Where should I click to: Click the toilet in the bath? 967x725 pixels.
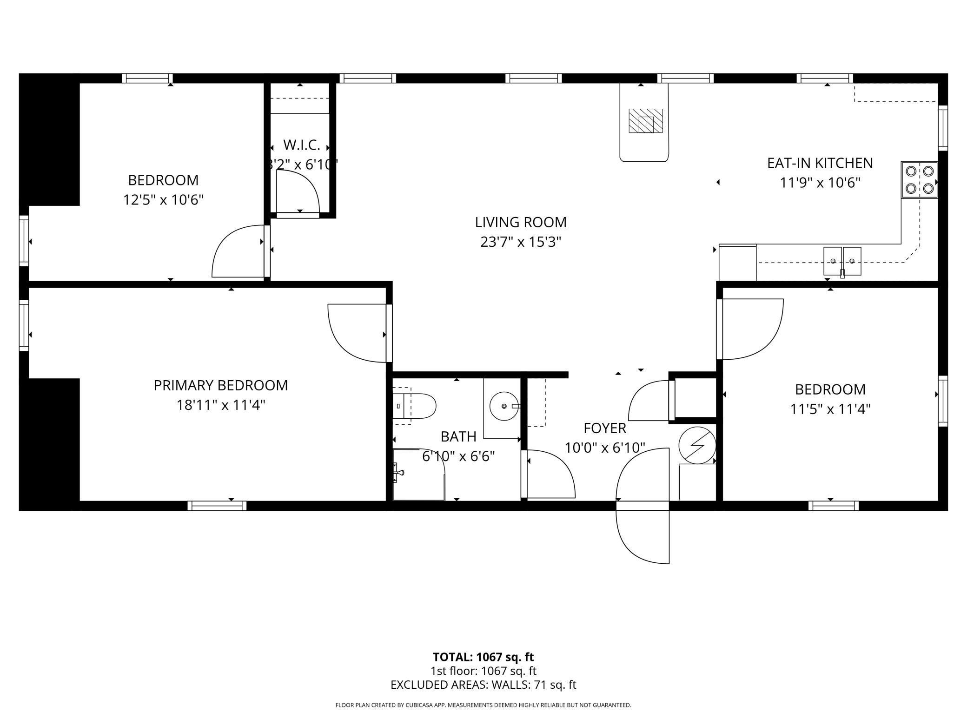click(414, 406)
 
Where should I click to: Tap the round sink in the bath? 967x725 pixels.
click(504, 406)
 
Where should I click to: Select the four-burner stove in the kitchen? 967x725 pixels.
click(920, 180)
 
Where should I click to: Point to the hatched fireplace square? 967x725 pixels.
click(646, 121)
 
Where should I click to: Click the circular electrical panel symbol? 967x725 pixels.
click(697, 445)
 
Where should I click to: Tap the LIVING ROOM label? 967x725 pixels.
click(521, 222)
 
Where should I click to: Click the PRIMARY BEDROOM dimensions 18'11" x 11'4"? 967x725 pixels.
click(221, 405)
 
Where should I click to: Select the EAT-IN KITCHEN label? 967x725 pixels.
click(820, 163)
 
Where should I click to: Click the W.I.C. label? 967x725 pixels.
click(302, 145)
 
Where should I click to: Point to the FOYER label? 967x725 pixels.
click(605, 428)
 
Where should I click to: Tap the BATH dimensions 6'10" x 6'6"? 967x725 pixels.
click(458, 456)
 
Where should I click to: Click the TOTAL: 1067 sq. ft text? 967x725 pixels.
click(483, 657)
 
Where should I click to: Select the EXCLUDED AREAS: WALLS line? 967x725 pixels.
click(483, 685)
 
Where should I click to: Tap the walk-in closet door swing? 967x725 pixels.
click(298, 191)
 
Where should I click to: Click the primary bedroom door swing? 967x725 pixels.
click(357, 333)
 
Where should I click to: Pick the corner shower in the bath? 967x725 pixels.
click(419, 475)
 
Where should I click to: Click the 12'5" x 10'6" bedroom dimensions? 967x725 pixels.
click(164, 200)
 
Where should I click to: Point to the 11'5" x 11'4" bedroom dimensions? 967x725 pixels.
click(830, 409)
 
